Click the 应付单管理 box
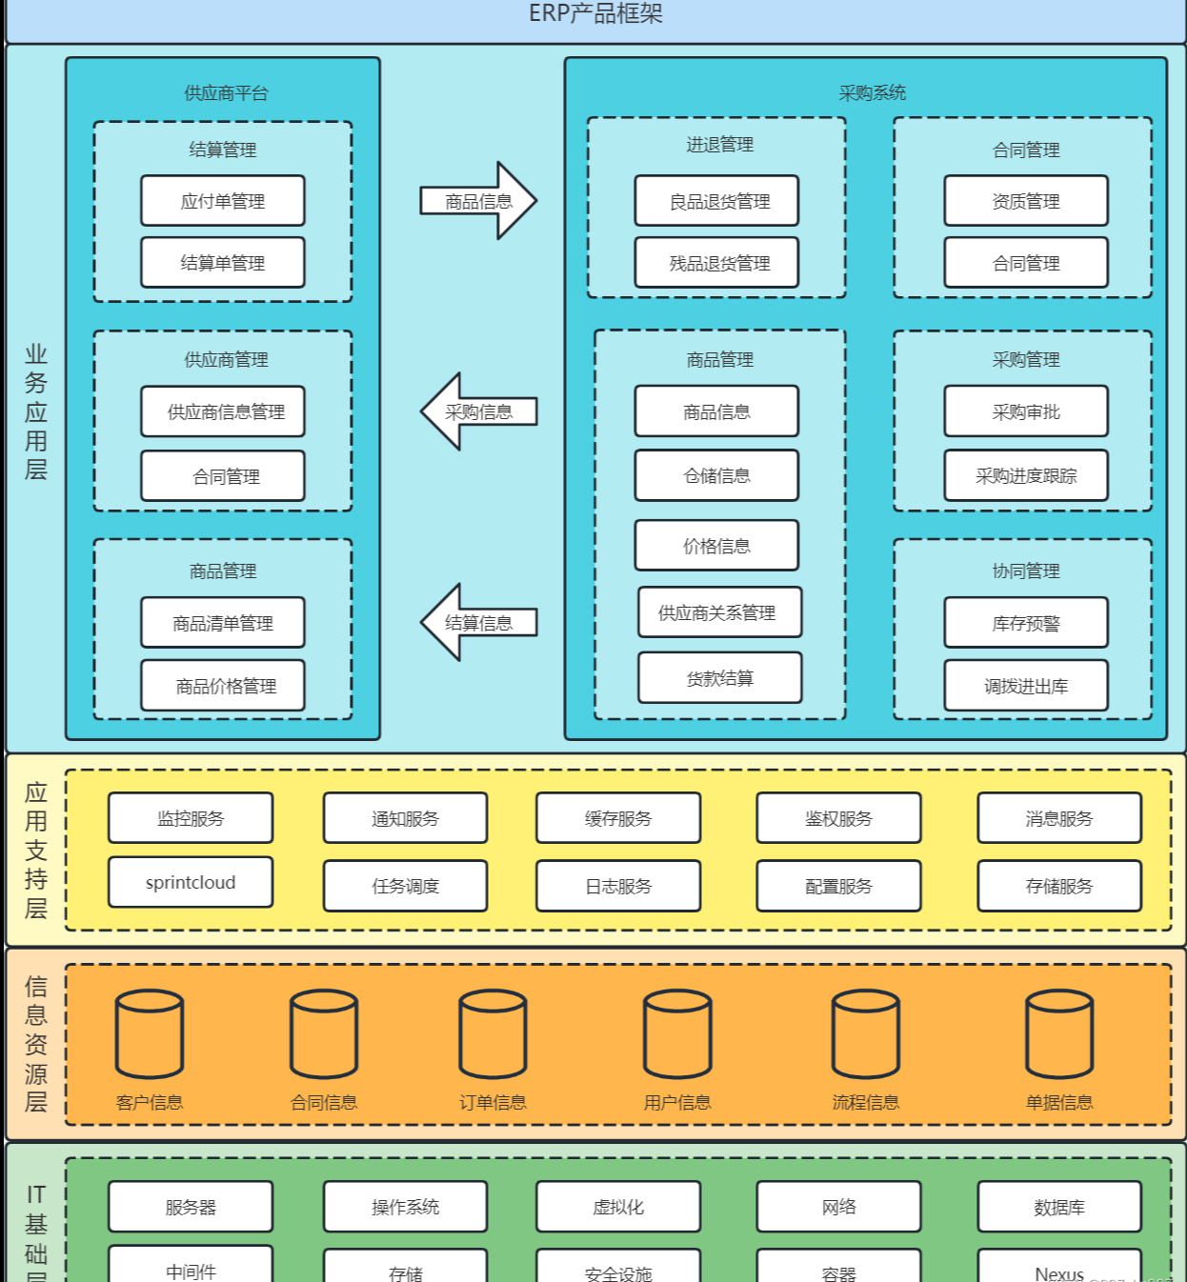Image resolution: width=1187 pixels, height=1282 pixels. pyautogui.click(x=223, y=201)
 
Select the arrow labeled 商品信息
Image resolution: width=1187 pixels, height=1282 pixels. pyautogui.click(x=479, y=201)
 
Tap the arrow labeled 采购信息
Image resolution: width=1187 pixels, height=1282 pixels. pyautogui.click(x=479, y=411)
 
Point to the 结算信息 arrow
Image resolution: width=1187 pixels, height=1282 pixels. pyautogui.click(x=479, y=623)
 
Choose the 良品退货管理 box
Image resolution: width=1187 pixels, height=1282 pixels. pyautogui.click(x=716, y=201)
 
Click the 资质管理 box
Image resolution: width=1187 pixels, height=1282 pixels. pyautogui.click(x=1026, y=201)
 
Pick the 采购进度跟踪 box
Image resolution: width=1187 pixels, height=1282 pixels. pyautogui.click(x=1026, y=475)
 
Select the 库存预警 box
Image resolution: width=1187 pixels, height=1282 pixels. pyautogui.click(x=1026, y=623)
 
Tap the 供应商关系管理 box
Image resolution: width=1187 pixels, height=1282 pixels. pyautogui.click(x=719, y=612)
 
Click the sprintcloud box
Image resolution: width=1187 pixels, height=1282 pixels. pyautogui.click(x=191, y=882)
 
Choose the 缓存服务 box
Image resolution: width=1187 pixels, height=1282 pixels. pyautogui.click(x=618, y=818)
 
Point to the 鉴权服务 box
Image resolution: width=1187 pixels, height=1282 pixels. pyautogui.click(x=838, y=818)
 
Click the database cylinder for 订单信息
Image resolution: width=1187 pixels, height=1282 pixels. pyautogui.click(x=493, y=1034)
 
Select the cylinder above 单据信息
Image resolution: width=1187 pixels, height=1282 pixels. pyautogui.click(x=1059, y=1034)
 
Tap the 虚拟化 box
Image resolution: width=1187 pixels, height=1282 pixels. pyautogui.click(x=618, y=1207)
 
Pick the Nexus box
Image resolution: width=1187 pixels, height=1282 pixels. pyautogui.click(x=1059, y=1270)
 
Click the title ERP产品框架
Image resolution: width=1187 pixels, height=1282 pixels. pyautogui.click(x=595, y=13)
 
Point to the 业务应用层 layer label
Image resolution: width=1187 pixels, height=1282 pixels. pyautogui.click(x=36, y=411)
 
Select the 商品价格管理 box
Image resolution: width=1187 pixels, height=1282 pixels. pyautogui.click(x=223, y=686)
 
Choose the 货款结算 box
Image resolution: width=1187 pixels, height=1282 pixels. pyautogui.click(x=719, y=678)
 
